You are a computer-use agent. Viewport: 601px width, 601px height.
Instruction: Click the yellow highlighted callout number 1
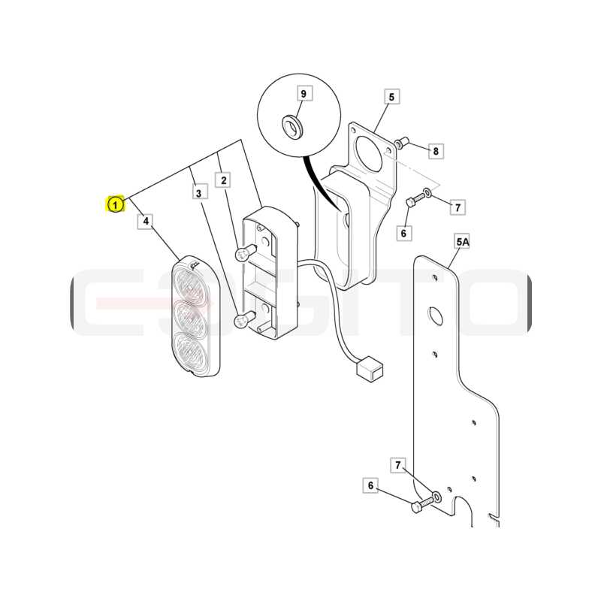(x=115, y=204)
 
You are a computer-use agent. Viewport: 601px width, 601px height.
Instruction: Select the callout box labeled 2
(x=223, y=180)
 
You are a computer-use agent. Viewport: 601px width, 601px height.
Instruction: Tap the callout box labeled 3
(x=198, y=192)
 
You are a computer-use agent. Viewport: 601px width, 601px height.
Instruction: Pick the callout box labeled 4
(x=146, y=221)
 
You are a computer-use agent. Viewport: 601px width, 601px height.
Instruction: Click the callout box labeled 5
(x=391, y=97)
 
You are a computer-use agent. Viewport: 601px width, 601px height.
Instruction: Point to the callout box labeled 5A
(x=462, y=242)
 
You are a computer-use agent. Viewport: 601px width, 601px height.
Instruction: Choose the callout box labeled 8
(x=436, y=151)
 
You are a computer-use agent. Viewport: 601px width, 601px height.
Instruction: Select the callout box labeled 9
(x=304, y=93)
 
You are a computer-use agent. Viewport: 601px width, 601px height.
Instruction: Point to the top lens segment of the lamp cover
(x=192, y=286)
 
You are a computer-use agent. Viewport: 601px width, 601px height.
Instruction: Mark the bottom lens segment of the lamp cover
(x=192, y=352)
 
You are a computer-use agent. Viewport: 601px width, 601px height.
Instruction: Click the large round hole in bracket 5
(x=370, y=156)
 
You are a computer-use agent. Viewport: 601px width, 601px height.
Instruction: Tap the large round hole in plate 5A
(x=436, y=315)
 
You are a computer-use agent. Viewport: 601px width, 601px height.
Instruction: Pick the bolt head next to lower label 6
(x=416, y=508)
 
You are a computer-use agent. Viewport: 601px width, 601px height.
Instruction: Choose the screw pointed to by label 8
(x=402, y=142)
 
